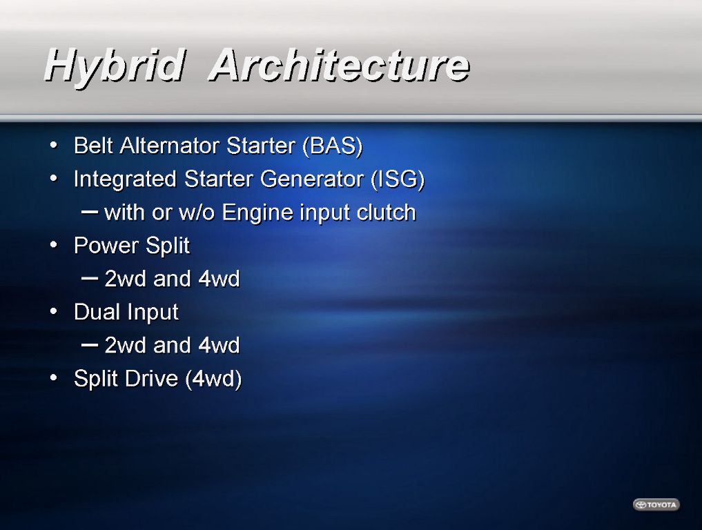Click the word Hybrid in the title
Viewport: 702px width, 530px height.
(x=115, y=66)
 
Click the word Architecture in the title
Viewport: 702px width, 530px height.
(x=340, y=65)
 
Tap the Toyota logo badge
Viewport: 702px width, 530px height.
(x=656, y=504)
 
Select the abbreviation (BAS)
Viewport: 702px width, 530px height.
(x=332, y=146)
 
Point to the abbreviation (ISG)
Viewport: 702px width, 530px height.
(x=398, y=179)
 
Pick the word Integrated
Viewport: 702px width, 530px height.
(x=125, y=179)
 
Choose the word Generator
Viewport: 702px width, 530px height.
(x=313, y=179)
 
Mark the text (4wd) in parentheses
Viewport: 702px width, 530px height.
(x=213, y=379)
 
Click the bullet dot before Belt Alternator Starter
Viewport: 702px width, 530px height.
(x=54, y=146)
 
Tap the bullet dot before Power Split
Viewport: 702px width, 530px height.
(x=54, y=245)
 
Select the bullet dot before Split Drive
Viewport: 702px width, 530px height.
(x=54, y=378)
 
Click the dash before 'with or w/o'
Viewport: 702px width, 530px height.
(x=90, y=212)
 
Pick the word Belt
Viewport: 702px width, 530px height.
(x=93, y=146)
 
